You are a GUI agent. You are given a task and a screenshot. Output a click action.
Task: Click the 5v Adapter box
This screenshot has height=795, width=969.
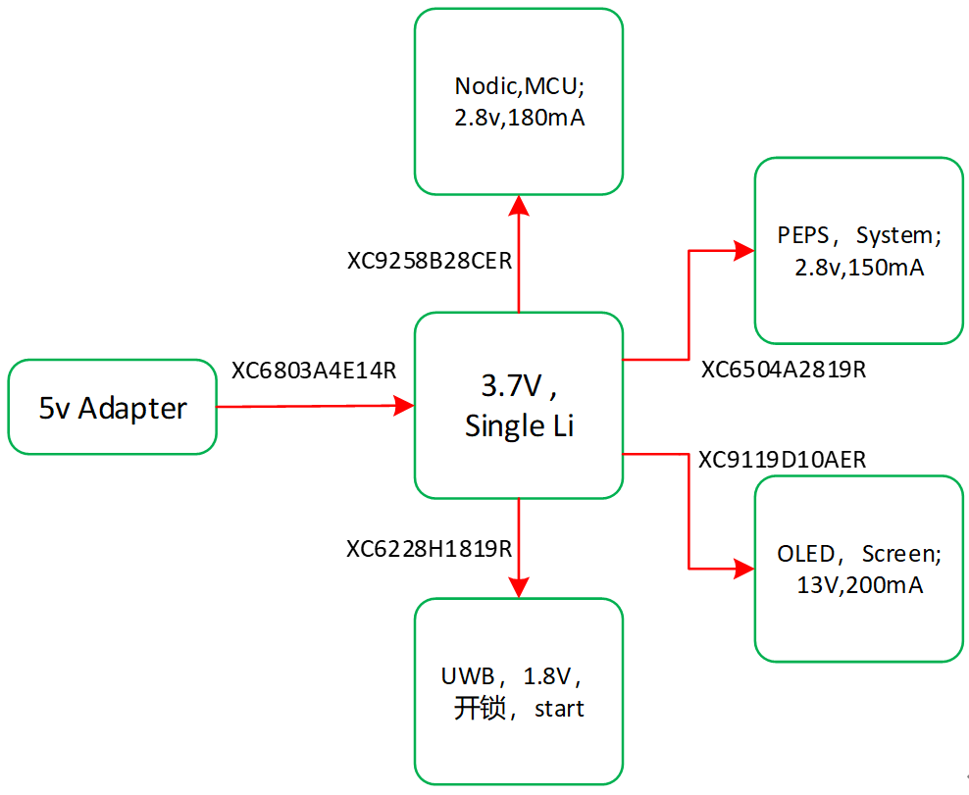[112, 407]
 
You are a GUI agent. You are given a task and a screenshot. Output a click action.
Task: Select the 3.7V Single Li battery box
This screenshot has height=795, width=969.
[519, 406]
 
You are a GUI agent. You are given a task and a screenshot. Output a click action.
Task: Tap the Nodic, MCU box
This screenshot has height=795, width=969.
[519, 102]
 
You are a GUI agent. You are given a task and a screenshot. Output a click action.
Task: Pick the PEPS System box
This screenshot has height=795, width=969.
[858, 251]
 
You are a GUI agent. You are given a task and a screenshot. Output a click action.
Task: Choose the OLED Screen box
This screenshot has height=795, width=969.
[858, 569]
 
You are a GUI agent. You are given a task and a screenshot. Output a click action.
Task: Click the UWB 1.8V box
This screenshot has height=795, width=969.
[519, 691]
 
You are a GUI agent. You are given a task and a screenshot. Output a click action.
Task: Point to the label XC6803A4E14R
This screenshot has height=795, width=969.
[314, 372]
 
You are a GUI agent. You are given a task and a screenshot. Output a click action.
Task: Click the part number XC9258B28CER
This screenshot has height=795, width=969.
[430, 262]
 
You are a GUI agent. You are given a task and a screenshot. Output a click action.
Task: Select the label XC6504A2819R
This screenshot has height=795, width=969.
[784, 370]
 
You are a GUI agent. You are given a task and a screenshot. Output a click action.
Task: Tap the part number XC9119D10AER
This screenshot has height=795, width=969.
[783, 460]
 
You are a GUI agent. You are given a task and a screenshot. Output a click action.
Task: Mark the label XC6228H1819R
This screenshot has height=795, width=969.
[430, 549]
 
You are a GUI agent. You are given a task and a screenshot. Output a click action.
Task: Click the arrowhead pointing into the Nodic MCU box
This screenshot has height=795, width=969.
[519, 205]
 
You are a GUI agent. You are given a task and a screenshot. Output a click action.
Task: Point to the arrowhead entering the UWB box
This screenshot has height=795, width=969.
[519, 586]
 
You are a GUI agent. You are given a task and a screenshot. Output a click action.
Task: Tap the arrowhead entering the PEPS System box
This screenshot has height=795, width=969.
[743, 251]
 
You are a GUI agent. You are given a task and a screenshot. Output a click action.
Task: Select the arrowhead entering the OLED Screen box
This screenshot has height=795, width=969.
[743, 568]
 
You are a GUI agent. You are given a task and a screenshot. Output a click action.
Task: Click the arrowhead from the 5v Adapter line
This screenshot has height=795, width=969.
[403, 405]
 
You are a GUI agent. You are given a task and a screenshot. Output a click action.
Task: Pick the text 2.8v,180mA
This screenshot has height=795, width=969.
[519, 119]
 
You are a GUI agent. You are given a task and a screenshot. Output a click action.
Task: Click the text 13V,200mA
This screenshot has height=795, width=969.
[859, 585]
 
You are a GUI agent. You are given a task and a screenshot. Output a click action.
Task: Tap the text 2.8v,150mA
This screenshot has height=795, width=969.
[859, 267]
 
